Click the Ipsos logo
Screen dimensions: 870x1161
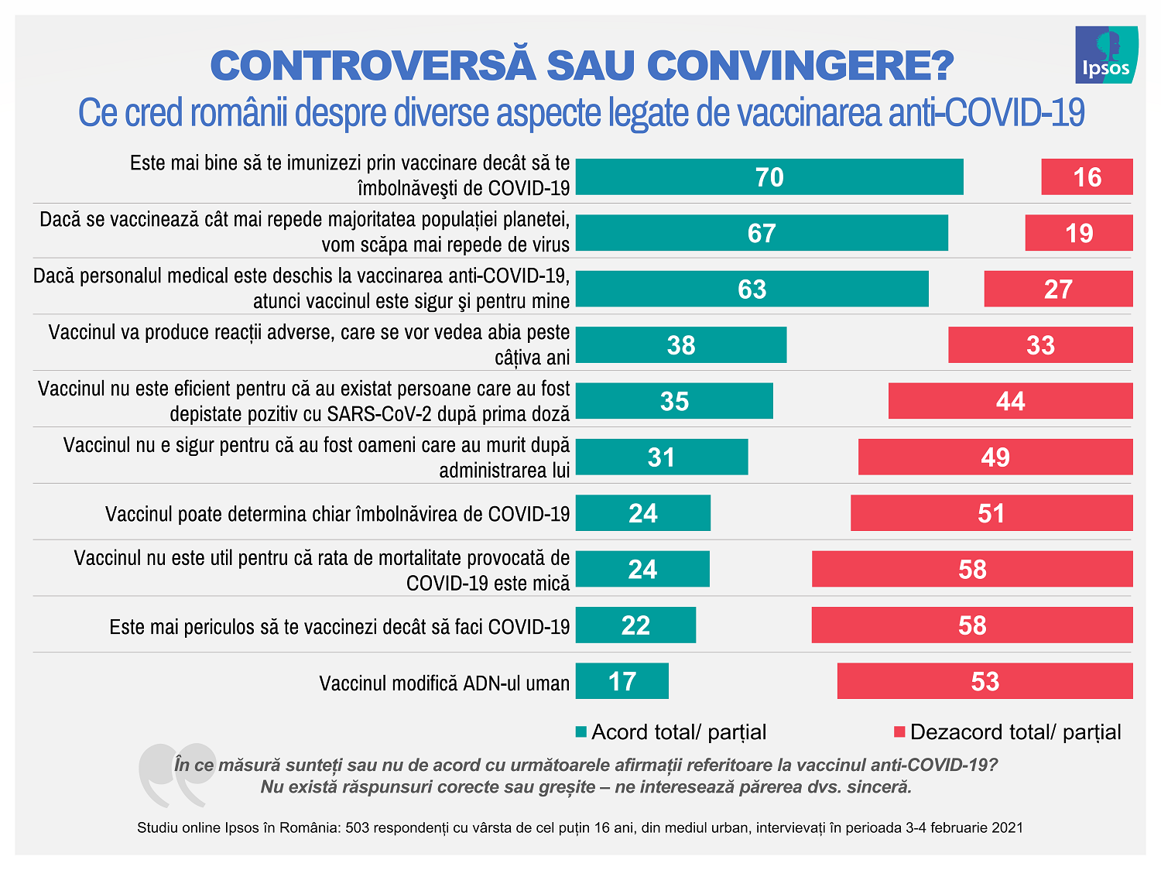tap(1106, 55)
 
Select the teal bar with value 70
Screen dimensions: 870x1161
tap(769, 177)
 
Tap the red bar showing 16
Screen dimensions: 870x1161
tap(1087, 177)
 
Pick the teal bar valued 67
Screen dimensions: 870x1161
tap(762, 233)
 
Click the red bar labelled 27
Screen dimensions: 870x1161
tap(1058, 289)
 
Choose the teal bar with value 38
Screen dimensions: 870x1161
tap(681, 345)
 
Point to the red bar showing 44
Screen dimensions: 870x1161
tap(1010, 401)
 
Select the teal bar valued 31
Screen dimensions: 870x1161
tap(662, 457)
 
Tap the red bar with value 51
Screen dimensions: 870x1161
tap(991, 513)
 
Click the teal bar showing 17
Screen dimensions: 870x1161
tap(622, 681)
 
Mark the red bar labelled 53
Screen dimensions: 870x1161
tap(985, 681)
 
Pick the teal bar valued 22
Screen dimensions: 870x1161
tap(635, 625)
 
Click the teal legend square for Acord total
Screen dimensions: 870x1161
tap(581, 731)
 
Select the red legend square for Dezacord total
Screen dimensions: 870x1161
tap(899, 731)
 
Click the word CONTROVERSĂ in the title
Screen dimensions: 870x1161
tap(372, 65)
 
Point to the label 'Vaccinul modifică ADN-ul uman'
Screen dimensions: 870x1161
tap(444, 683)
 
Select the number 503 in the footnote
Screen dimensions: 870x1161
tap(357, 827)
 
